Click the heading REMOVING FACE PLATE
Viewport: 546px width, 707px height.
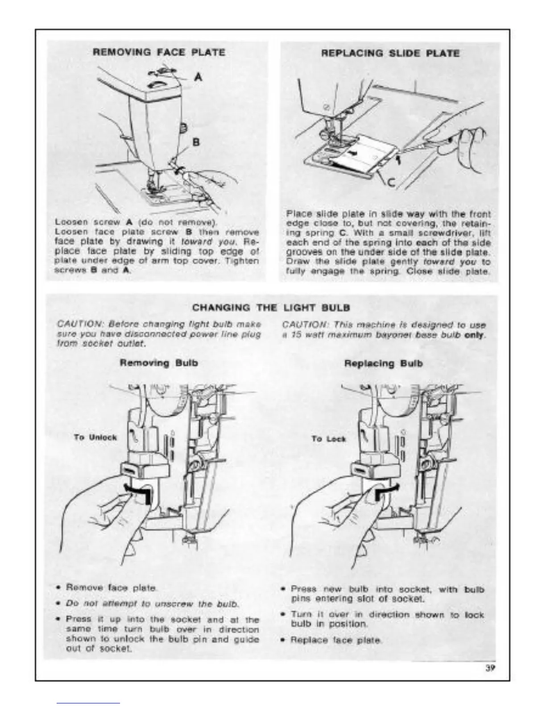158,52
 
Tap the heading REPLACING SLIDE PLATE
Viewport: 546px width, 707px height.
390,53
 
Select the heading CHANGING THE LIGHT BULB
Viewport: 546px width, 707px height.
271,308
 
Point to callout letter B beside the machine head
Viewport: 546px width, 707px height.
195,142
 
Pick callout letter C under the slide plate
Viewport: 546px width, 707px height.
390,182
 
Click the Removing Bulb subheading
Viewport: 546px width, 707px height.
158,363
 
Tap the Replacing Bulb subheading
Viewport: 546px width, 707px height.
383,363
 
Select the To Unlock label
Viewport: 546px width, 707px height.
95,437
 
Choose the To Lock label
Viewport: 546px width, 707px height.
328,439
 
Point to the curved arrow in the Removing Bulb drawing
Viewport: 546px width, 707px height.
135,490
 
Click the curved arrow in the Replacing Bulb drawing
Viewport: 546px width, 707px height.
386,490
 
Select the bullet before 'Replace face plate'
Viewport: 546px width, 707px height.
283,640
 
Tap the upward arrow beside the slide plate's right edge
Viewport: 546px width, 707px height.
400,157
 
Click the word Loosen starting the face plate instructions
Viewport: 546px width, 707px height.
69,222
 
